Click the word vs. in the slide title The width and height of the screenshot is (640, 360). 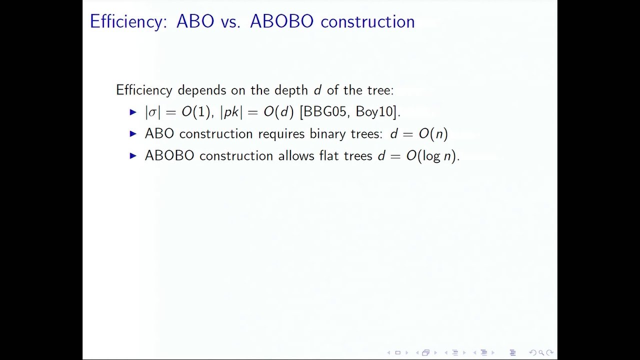click(x=230, y=21)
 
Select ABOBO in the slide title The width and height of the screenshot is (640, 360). click(x=281, y=21)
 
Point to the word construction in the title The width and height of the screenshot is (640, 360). click(x=367, y=21)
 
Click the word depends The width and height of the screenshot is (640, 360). click(x=201, y=90)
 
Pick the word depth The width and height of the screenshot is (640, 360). click(x=291, y=90)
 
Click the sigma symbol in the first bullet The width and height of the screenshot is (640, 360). click(x=152, y=112)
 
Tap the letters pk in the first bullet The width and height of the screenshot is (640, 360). click(x=231, y=111)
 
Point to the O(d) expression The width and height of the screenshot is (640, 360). click(x=278, y=111)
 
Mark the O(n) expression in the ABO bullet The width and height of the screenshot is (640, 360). click(x=433, y=133)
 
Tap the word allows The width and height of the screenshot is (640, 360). click(x=296, y=155)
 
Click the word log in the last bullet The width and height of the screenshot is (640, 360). click(x=431, y=156)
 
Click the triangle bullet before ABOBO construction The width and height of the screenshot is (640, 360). click(x=133, y=155)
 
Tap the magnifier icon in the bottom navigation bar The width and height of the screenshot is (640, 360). click(x=541, y=352)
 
